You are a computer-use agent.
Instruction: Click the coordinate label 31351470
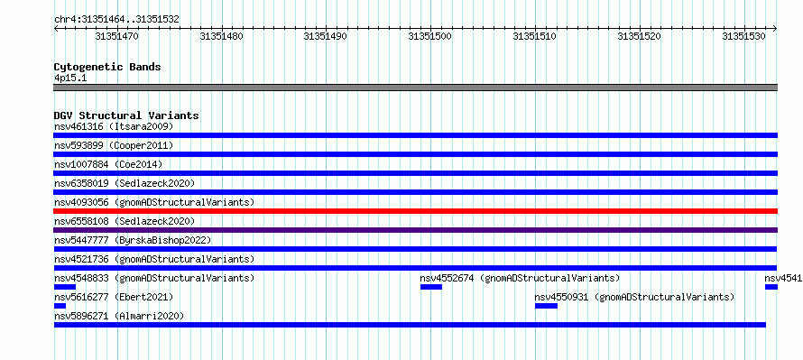(x=116, y=36)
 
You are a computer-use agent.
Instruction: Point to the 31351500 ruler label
(x=430, y=36)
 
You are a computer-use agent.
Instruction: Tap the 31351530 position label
(x=743, y=36)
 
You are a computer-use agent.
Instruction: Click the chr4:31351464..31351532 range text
(x=116, y=20)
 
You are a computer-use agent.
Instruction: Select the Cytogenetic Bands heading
(x=107, y=67)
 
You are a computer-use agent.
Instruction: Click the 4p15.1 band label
(x=69, y=78)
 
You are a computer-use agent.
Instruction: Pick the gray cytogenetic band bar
(x=416, y=88)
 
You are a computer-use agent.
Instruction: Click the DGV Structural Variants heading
(x=126, y=115)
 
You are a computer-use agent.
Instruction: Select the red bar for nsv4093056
(x=416, y=211)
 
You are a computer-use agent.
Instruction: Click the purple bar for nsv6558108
(x=416, y=230)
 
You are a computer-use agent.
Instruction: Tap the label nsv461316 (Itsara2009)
(x=114, y=126)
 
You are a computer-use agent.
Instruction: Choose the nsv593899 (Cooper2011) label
(x=114, y=145)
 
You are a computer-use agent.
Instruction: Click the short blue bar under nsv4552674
(x=431, y=287)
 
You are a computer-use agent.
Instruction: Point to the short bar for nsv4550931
(x=546, y=306)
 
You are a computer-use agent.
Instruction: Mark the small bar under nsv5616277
(x=60, y=306)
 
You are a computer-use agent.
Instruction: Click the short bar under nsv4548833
(x=65, y=287)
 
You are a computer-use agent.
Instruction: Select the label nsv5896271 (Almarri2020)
(x=119, y=316)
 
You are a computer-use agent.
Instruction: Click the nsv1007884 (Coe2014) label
(x=108, y=164)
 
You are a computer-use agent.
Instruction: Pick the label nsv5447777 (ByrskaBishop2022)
(x=132, y=240)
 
